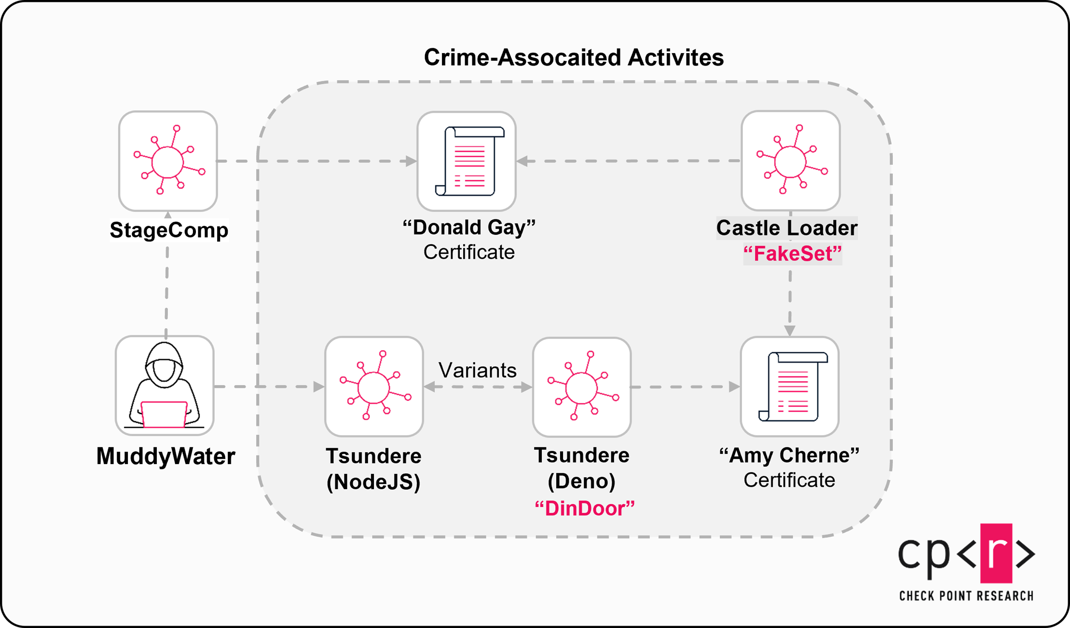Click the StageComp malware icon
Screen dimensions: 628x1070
click(168, 161)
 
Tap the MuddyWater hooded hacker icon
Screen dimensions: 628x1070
click(165, 386)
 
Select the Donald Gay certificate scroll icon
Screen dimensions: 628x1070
click(466, 161)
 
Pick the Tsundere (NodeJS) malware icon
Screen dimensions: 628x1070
click(374, 387)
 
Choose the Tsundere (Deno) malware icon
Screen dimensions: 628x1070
click(582, 387)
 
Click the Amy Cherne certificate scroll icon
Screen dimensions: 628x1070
click(790, 387)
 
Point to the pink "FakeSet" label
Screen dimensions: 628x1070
click(792, 254)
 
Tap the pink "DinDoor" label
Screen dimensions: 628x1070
click(585, 508)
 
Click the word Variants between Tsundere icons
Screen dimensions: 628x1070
click(477, 370)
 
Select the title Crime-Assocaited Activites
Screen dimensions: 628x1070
click(574, 57)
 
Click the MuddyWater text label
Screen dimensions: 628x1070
click(165, 456)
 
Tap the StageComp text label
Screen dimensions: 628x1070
click(169, 230)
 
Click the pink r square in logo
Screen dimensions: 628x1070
click(996, 553)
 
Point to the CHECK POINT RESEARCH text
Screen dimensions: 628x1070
click(966, 596)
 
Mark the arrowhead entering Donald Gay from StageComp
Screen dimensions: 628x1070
click(411, 161)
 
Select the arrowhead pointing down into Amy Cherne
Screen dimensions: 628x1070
click(790, 331)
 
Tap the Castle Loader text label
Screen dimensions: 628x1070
click(787, 228)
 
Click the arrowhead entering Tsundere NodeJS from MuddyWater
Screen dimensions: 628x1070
click(319, 387)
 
